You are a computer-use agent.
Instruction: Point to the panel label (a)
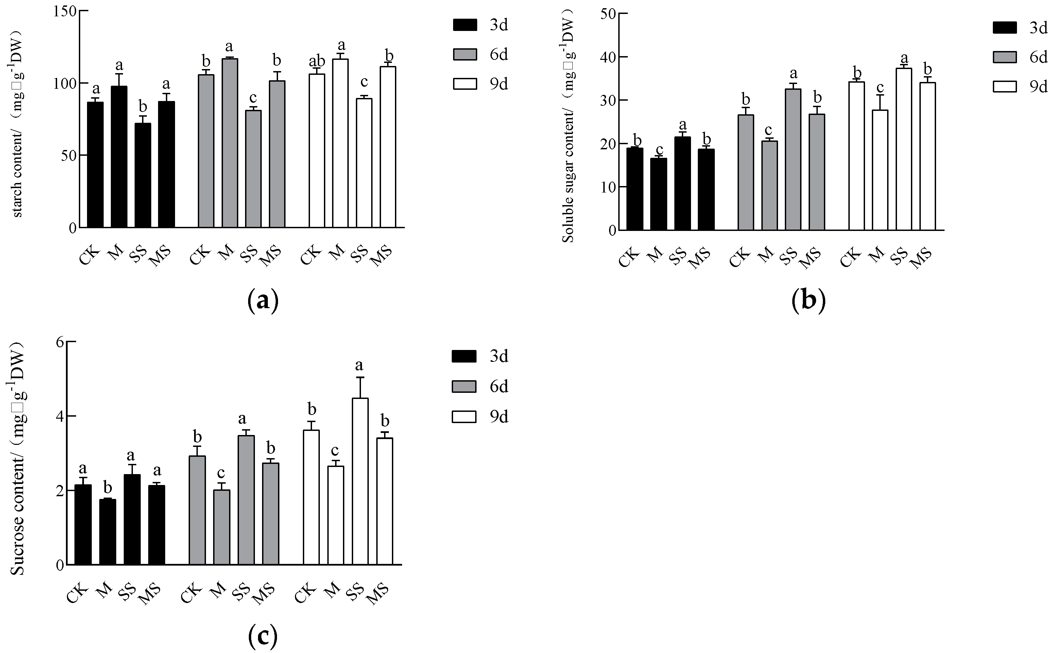coord(263,301)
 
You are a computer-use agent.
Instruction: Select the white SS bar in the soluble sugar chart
coord(904,149)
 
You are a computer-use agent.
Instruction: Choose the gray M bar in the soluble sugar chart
coord(770,185)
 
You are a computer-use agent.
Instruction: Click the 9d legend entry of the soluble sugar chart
coord(1020,87)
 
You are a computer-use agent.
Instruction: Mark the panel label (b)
coord(808,301)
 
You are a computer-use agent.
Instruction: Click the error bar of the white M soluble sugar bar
coord(880,102)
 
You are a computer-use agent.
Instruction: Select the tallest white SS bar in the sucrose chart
coord(360,481)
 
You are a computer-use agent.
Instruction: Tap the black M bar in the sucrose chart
coord(107,532)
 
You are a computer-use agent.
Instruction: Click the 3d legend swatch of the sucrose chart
coord(464,356)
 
